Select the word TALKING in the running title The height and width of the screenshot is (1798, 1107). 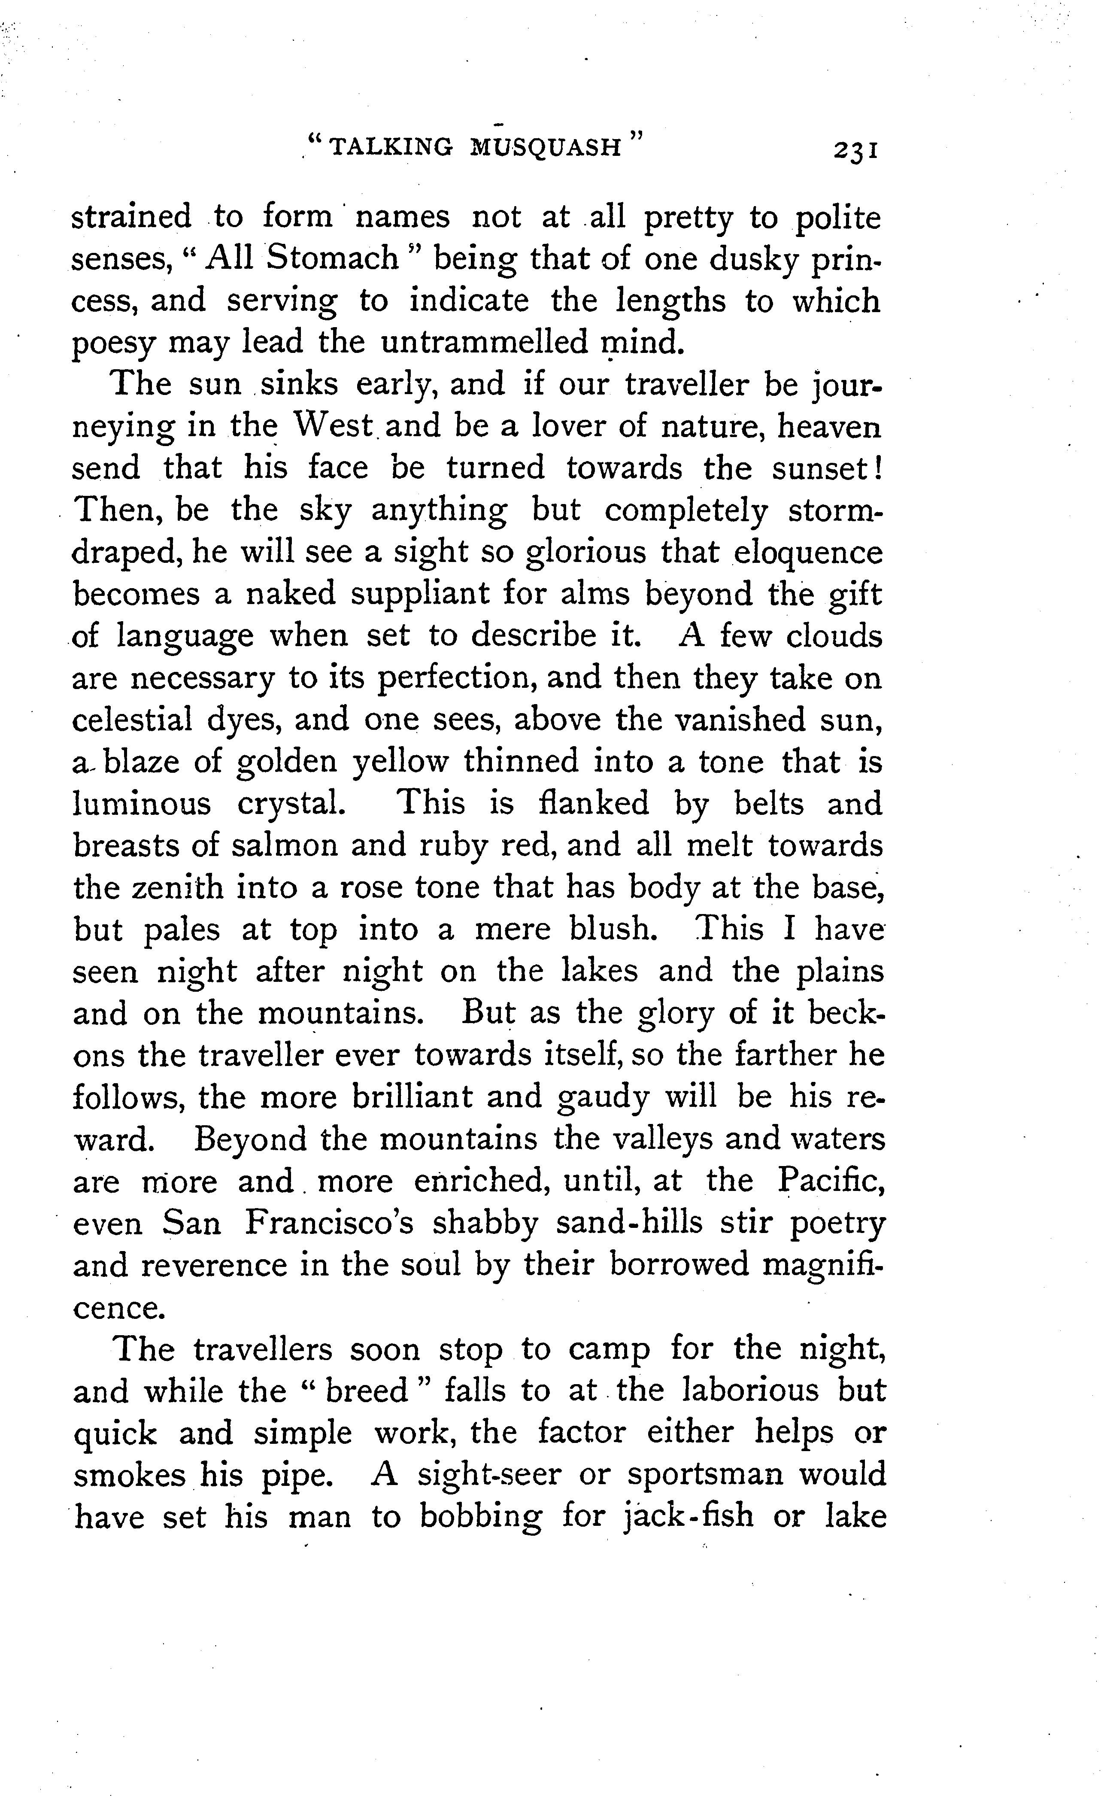[x=392, y=147]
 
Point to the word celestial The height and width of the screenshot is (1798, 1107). [x=132, y=720]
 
